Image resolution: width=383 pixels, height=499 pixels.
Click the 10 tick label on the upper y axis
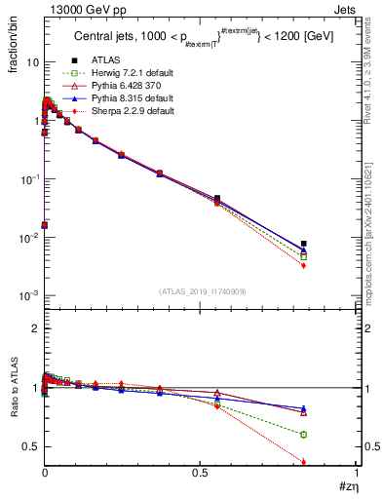point(31,62)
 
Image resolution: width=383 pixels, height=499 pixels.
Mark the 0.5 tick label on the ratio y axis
point(31,446)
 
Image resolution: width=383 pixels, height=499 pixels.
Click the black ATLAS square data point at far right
point(304,244)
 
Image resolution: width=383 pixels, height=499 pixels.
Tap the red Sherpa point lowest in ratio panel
point(304,462)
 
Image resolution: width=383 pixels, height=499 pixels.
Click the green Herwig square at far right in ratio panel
point(304,435)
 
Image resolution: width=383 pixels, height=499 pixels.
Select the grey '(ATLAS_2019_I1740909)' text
point(201,291)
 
